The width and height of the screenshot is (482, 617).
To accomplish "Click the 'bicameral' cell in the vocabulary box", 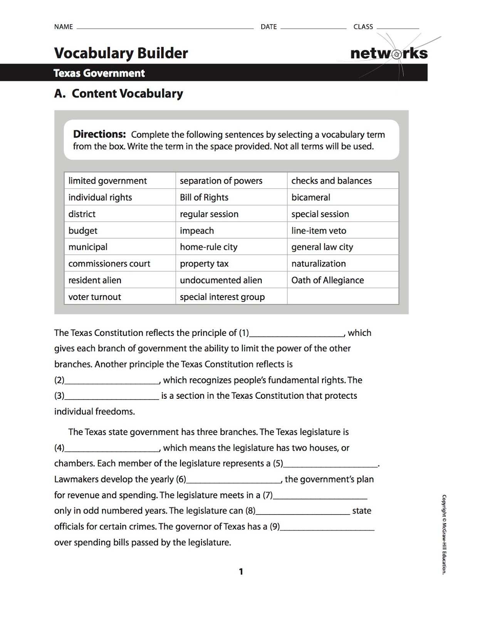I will pos(311,197).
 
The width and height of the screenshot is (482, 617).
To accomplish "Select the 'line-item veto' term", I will pos(319,231).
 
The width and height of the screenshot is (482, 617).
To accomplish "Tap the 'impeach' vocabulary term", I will pos(196,231).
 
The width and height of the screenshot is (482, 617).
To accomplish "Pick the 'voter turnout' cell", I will pos(94,297).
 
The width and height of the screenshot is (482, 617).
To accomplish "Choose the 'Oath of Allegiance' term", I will pos(327,280).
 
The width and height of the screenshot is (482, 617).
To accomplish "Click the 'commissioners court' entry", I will pos(109,264).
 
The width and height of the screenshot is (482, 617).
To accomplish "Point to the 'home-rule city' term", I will pos(208,247).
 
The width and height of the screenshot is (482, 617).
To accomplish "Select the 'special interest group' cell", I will pos(222,297).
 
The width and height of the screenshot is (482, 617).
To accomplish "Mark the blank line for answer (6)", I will pos(233,480).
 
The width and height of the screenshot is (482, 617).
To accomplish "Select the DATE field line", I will pos(313,27).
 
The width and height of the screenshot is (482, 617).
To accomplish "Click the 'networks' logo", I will pos(389,53).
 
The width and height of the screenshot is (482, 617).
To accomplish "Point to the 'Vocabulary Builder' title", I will pos(121,53).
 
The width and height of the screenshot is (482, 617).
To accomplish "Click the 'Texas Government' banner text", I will pos(99,73).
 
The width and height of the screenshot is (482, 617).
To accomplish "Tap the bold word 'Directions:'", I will pos(99,134).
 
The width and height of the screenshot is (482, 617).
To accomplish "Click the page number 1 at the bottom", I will pos(241,571).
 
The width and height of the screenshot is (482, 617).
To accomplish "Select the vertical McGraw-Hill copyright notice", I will pos(444,534).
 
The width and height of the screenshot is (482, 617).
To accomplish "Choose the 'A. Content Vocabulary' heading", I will pos(119,93).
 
